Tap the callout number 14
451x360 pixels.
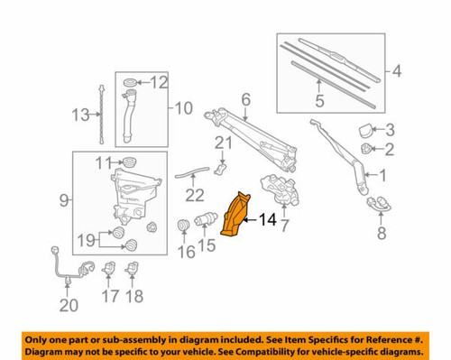point(269,218)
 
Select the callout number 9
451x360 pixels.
point(61,199)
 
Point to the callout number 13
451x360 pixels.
point(80,115)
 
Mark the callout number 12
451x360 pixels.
point(159,83)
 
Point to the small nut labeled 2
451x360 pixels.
point(365,147)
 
